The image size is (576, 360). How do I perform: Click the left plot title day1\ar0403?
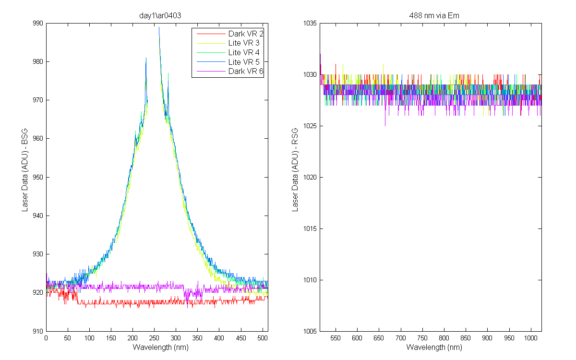click(160, 16)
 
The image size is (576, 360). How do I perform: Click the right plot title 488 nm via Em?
click(434, 16)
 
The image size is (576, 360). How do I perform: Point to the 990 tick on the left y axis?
click(38, 23)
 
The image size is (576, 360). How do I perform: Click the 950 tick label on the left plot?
click(38, 177)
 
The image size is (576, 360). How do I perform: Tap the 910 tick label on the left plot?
click(38, 331)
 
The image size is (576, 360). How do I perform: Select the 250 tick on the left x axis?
click(154, 338)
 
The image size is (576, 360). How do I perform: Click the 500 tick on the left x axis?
click(262, 338)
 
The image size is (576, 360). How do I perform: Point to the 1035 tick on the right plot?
click(310, 23)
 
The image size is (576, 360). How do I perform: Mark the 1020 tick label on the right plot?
click(310, 177)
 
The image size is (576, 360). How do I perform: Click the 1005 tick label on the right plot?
click(310, 331)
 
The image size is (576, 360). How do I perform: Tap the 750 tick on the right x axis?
click(422, 338)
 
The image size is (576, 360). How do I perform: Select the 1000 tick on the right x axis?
click(530, 338)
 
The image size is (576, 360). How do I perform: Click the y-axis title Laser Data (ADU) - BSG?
click(24, 170)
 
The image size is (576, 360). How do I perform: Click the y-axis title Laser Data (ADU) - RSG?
click(295, 170)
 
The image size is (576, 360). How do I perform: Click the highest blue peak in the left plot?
click(159, 27)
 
